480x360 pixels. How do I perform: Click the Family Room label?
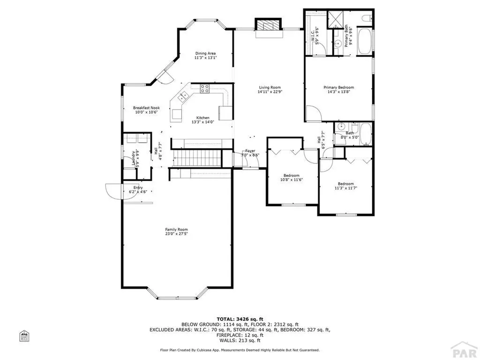click(x=176, y=229)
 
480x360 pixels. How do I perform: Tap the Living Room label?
click(x=270, y=87)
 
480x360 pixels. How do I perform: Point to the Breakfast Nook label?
click(x=146, y=108)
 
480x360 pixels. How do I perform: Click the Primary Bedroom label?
click(x=338, y=87)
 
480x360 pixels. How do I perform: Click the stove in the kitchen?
click(x=205, y=88)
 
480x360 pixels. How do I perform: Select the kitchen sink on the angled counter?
click(x=183, y=97)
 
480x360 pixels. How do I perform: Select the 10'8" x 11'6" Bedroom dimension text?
click(x=292, y=180)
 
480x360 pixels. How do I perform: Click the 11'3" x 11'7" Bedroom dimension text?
click(x=346, y=188)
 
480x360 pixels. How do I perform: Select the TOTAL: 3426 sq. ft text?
click(x=240, y=319)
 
